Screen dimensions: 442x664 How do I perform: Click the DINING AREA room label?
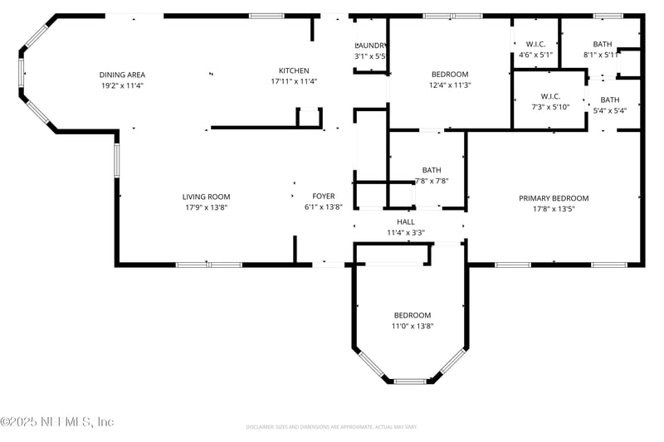pyautogui.click(x=122, y=75)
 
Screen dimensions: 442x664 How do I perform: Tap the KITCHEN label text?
pyautogui.click(x=294, y=70)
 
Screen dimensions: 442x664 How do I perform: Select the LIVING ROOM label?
pyautogui.click(x=206, y=197)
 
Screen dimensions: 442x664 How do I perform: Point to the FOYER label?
pyautogui.click(x=324, y=197)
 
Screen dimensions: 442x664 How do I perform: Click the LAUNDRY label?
pyautogui.click(x=371, y=45)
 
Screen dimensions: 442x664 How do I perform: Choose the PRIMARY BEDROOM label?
pyautogui.click(x=554, y=198)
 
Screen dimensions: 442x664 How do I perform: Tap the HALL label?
pyautogui.click(x=406, y=222)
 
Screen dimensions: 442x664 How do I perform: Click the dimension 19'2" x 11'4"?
pyautogui.click(x=122, y=85)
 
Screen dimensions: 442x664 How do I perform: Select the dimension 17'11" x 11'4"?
pyautogui.click(x=294, y=81)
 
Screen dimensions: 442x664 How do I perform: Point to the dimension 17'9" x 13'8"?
pyautogui.click(x=206, y=207)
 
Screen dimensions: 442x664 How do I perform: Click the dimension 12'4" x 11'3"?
pyautogui.click(x=449, y=85)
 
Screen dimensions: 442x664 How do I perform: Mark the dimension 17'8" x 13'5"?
pyautogui.click(x=554, y=209)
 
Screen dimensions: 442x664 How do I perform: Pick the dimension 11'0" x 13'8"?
pyautogui.click(x=413, y=326)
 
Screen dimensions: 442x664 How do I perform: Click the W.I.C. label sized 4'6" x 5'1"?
pyautogui.click(x=535, y=44)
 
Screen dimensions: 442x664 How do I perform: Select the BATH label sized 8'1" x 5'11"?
pyautogui.click(x=602, y=44)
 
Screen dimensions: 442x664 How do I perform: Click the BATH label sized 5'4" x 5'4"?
pyautogui.click(x=609, y=100)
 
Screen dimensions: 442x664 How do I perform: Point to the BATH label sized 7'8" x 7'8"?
pyautogui.click(x=432, y=170)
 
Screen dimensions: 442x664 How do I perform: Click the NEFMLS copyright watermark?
pyautogui.click(x=57, y=422)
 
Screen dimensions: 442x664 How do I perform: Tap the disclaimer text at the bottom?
pyautogui.click(x=331, y=427)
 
